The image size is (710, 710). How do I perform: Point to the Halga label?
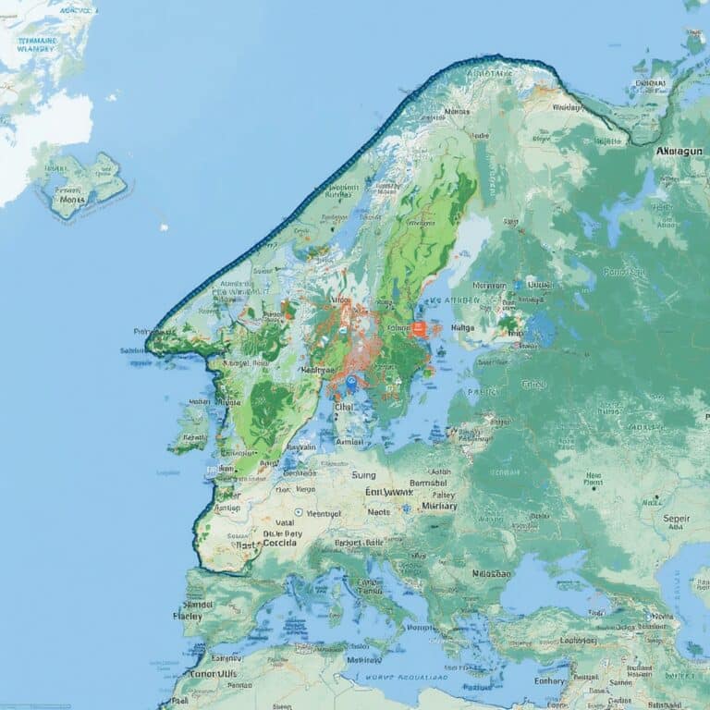(x=462, y=326)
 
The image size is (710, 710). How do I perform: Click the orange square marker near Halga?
(x=419, y=328)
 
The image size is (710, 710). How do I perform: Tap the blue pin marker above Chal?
(x=352, y=384)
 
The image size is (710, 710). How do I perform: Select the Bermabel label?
(x=427, y=482)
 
